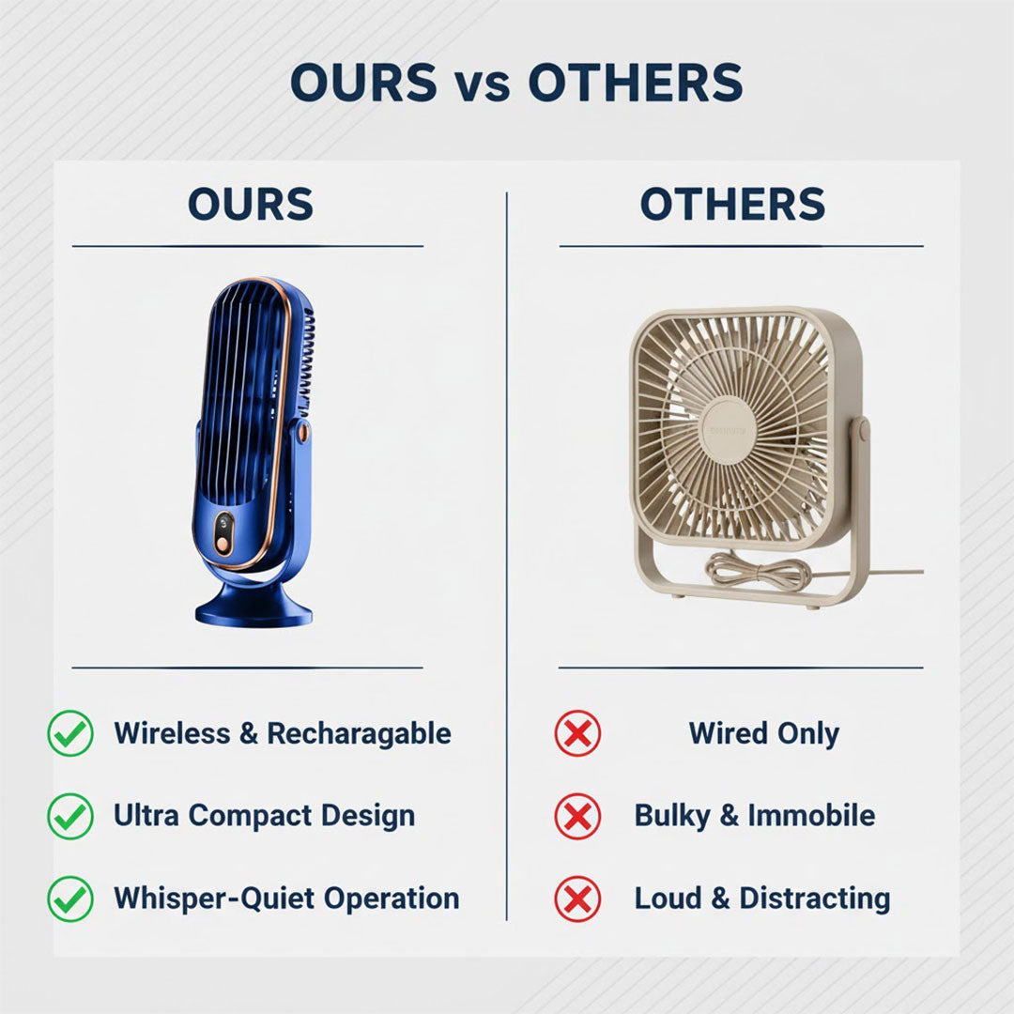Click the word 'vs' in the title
click(x=483, y=84)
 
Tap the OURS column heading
click(x=251, y=205)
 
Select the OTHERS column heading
click(x=732, y=205)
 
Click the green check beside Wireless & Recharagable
click(x=70, y=733)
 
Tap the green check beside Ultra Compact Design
click(x=70, y=816)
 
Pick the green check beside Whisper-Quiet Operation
click(x=70, y=899)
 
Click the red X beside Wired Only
click(x=577, y=733)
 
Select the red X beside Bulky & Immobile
click(x=577, y=816)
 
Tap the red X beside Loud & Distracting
click(x=577, y=899)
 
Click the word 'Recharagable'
click(x=359, y=733)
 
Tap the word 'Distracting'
click(x=814, y=899)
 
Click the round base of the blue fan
click(x=253, y=607)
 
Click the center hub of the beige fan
click(x=729, y=430)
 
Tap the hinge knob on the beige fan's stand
click(x=860, y=431)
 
